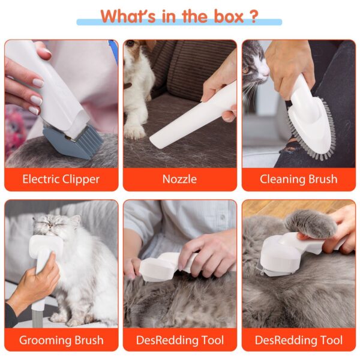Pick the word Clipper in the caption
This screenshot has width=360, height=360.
click(81, 179)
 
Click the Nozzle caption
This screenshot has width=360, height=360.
click(179, 179)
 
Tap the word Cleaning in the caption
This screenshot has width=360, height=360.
click(281, 179)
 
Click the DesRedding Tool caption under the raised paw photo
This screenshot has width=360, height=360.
click(298, 340)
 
